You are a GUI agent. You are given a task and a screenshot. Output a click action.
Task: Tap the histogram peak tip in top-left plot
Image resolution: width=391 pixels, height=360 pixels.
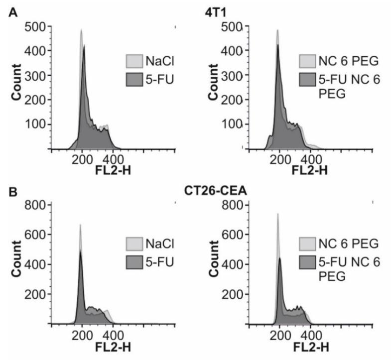click(81, 29)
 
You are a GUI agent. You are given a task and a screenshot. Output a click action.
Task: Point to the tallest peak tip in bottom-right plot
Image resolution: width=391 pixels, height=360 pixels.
click(277, 214)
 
